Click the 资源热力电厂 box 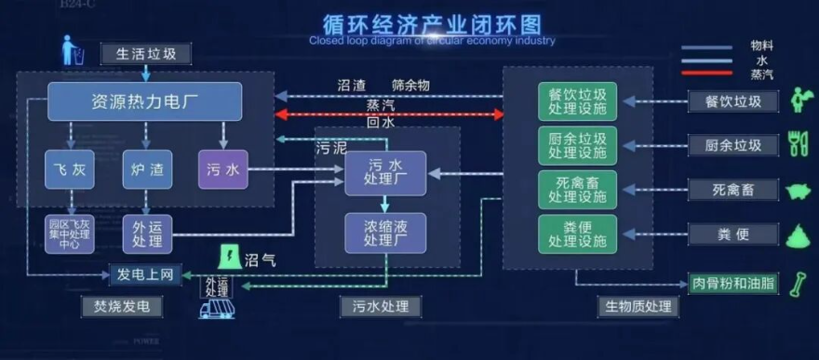[x=144, y=101]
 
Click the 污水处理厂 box [x=384, y=173]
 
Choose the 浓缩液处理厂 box [x=384, y=233]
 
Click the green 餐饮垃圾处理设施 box [x=577, y=101]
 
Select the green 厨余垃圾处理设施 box [x=577, y=145]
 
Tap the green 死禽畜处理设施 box [x=577, y=189]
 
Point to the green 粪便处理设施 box [x=577, y=233]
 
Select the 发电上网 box [x=145, y=275]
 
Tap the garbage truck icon [x=217, y=308]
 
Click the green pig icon [x=798, y=191]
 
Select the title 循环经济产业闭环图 [x=431, y=22]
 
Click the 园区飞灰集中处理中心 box [x=70, y=233]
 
